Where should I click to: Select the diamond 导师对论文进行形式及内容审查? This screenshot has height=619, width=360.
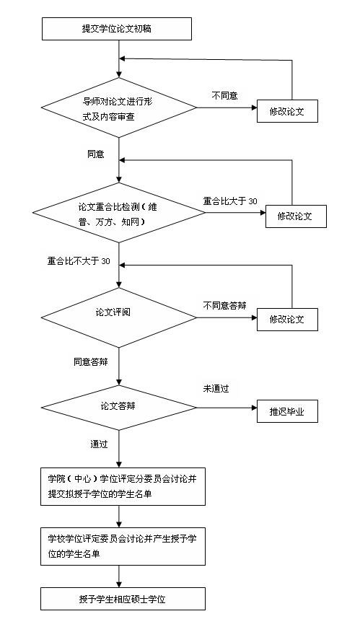click(x=118, y=108)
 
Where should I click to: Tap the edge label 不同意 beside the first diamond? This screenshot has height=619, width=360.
click(x=224, y=95)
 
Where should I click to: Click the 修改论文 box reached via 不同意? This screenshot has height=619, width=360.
click(x=287, y=111)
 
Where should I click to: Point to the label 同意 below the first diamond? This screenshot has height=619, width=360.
click(x=95, y=154)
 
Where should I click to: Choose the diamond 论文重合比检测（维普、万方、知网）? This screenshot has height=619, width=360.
click(x=118, y=213)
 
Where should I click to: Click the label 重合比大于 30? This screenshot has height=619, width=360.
click(x=230, y=201)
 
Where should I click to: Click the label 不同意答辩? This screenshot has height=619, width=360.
click(x=224, y=305)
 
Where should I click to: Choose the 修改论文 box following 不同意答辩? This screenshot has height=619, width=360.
click(x=287, y=319)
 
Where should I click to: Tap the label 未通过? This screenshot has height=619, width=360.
click(x=216, y=389)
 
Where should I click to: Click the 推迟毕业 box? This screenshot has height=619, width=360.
click(x=287, y=411)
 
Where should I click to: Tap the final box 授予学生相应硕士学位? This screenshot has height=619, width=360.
click(x=118, y=599)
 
